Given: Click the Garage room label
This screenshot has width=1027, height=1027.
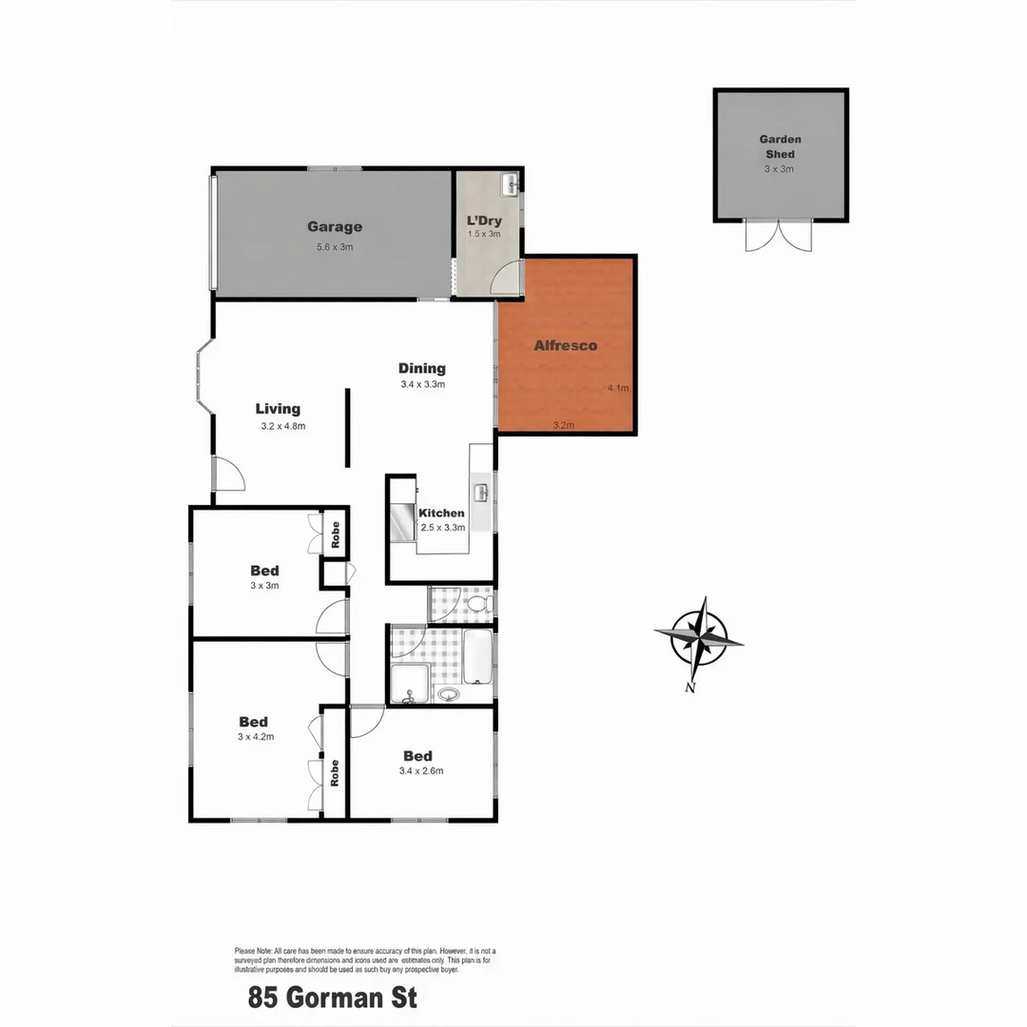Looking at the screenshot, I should [x=334, y=227].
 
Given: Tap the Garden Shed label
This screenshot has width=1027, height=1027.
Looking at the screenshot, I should [x=780, y=146].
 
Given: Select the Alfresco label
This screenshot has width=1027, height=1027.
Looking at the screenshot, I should [x=566, y=346].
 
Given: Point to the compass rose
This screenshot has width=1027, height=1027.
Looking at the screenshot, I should [x=699, y=637].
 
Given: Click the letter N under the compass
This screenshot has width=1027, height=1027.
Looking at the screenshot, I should [x=690, y=688].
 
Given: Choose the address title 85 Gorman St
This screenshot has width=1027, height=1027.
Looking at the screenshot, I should [x=333, y=998].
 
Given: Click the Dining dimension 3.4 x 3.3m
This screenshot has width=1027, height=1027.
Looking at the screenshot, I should [x=422, y=385].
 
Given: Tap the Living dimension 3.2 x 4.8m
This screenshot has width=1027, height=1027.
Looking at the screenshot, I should [x=283, y=427].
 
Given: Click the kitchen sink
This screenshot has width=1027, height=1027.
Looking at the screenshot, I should [x=482, y=493].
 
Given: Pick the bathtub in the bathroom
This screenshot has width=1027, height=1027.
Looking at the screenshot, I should [x=477, y=656].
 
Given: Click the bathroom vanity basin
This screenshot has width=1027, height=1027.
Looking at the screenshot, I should [x=447, y=694].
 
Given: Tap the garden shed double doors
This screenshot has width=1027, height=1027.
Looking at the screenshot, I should [x=779, y=236].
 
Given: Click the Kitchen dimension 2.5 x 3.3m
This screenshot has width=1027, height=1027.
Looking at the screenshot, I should [x=442, y=528].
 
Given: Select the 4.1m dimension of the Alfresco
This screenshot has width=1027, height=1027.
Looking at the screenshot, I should [x=618, y=388].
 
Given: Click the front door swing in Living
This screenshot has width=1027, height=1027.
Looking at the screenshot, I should [x=229, y=474].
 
